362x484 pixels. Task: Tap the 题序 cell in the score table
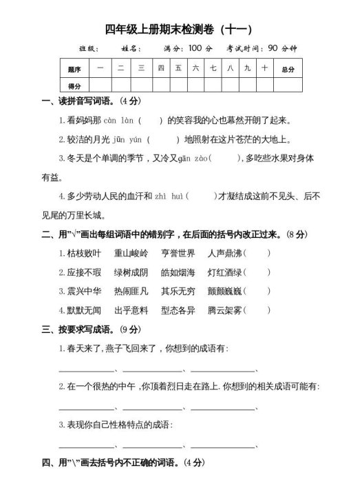tap(75, 70)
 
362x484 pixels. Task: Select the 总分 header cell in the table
tap(288, 70)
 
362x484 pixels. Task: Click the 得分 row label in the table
tap(75, 86)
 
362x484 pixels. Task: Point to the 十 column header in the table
tap(264, 69)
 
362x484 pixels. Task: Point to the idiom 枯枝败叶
tap(89, 253)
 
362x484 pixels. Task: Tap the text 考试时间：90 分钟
tap(262, 48)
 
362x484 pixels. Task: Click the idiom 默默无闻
tap(89, 310)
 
